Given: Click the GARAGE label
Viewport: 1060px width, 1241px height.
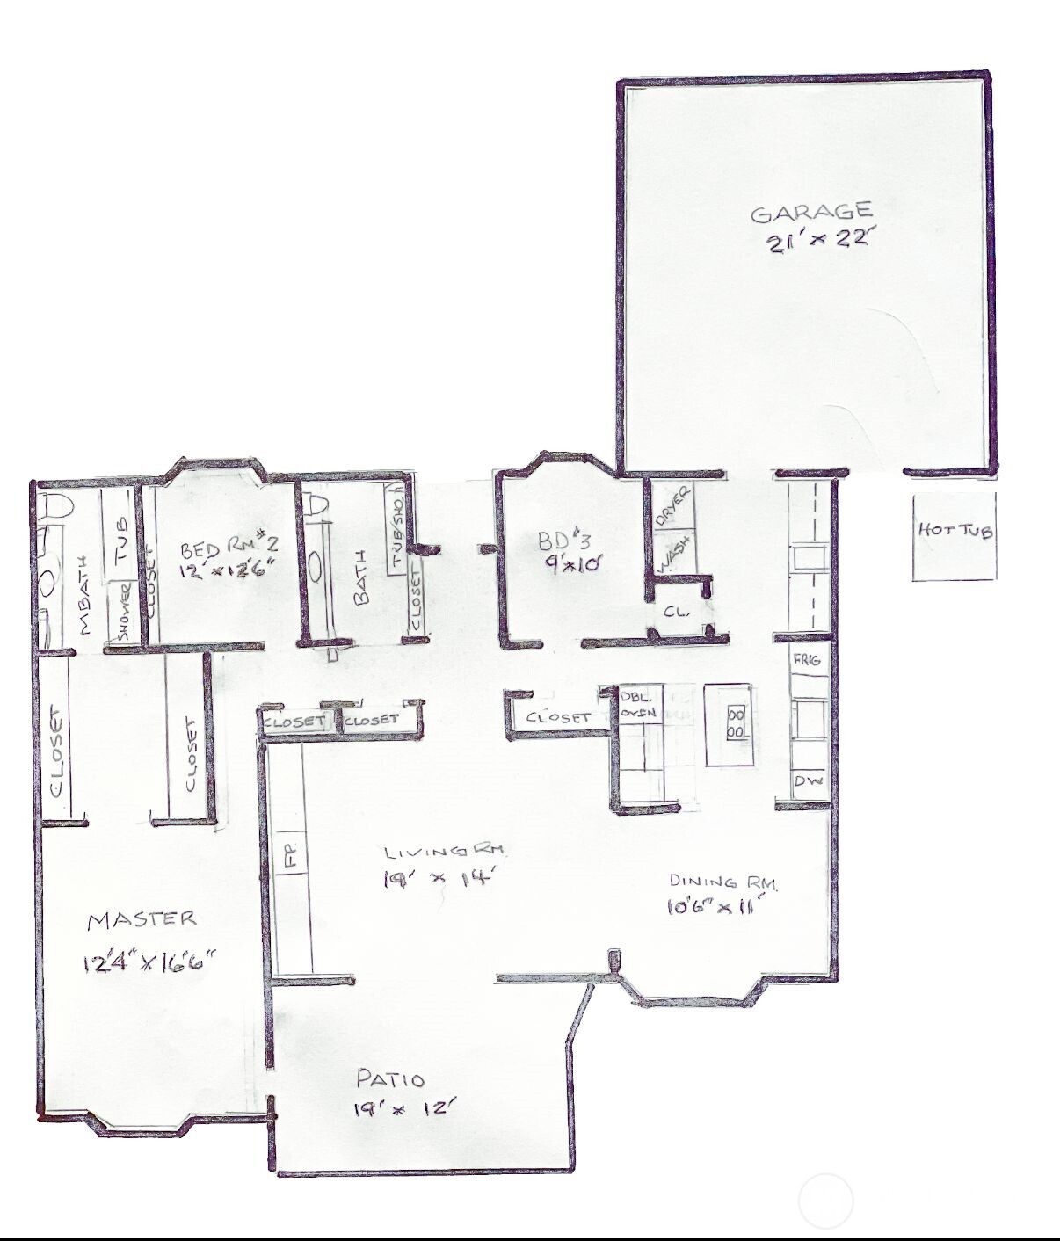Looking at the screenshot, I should click(x=811, y=212).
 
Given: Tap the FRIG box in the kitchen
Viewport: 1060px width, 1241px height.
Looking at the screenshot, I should click(x=807, y=659).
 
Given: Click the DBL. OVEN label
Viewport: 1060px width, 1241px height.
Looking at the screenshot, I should click(x=638, y=704).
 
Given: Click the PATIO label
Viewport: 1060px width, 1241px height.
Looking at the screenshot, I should click(x=390, y=1079).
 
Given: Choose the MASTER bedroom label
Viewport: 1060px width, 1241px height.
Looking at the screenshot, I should click(x=142, y=919).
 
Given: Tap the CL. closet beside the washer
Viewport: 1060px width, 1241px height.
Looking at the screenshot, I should click(x=674, y=611).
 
